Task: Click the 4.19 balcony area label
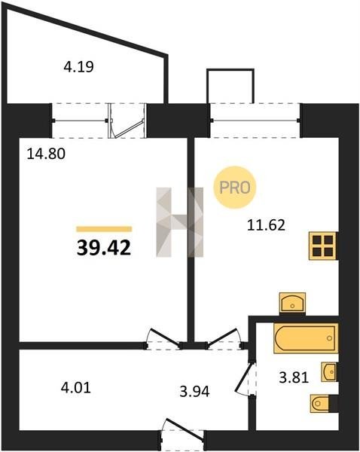(x=78, y=68)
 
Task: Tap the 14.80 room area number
(x=46, y=154)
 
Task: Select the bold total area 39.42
(x=104, y=248)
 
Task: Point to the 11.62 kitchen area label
(x=267, y=225)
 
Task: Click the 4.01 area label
(x=76, y=388)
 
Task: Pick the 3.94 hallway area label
(x=194, y=392)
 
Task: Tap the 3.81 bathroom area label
(x=294, y=377)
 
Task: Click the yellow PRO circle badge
(x=235, y=188)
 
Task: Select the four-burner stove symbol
(x=323, y=246)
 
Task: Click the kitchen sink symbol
(x=292, y=303)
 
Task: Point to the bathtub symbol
(x=306, y=338)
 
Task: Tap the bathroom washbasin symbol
(x=329, y=372)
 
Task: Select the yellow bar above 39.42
(x=104, y=229)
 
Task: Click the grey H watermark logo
(x=179, y=222)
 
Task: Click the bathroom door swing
(x=245, y=378)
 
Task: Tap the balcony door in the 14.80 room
(x=127, y=121)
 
